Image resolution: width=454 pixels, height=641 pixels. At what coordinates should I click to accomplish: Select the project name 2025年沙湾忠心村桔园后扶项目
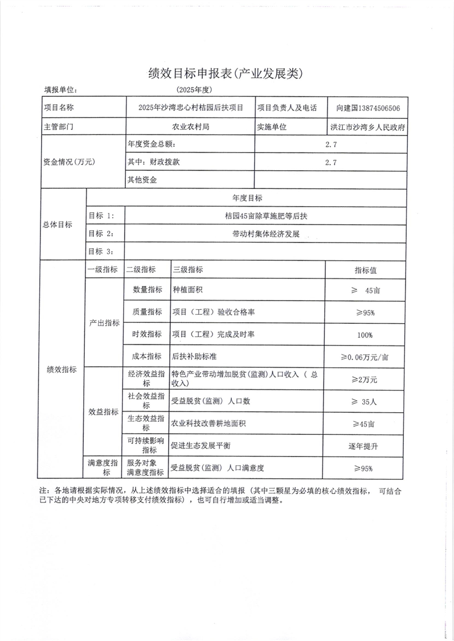[191, 108]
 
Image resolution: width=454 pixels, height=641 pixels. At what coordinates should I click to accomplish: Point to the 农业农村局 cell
[191, 126]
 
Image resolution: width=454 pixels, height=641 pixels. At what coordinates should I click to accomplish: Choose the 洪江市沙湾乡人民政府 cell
[368, 127]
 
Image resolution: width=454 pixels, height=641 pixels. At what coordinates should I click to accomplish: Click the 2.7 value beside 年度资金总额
[331, 145]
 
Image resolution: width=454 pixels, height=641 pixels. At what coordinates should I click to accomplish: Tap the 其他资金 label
[142, 180]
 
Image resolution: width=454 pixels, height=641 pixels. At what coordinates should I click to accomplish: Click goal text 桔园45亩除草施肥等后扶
[266, 216]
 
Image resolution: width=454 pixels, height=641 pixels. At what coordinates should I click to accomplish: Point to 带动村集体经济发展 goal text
[266, 235]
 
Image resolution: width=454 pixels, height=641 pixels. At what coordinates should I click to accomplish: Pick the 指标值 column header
[366, 270]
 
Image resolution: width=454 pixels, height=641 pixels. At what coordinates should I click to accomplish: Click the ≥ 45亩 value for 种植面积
[365, 290]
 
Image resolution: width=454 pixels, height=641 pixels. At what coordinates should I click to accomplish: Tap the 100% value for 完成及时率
[365, 335]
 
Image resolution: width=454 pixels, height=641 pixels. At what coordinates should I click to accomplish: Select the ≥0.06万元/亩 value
[365, 357]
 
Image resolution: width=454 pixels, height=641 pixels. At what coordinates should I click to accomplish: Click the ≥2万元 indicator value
[365, 379]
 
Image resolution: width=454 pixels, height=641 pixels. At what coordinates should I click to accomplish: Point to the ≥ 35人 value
[365, 401]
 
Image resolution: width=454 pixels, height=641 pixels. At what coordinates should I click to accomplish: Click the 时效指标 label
[147, 334]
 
